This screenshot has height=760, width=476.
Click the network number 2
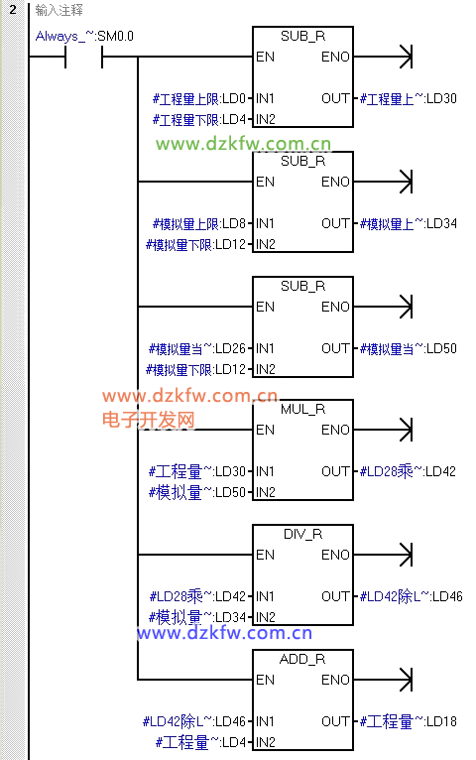[13, 10]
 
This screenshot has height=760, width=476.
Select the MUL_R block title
[302, 410]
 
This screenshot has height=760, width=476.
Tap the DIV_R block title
[302, 534]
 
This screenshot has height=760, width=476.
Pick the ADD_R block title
[302, 659]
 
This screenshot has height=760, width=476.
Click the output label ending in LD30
[409, 99]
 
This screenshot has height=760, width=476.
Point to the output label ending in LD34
[409, 224]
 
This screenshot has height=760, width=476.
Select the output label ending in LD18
[409, 721]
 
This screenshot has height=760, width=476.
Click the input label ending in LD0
[199, 99]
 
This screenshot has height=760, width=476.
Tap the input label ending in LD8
[199, 224]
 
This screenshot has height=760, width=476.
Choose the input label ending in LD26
[197, 349]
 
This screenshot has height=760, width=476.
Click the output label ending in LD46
[412, 596]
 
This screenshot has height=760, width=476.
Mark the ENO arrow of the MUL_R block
[383, 430]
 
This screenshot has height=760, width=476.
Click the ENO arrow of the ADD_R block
[383, 680]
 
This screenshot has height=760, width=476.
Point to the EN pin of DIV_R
[266, 555]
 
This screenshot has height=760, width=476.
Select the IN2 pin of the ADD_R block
[266, 742]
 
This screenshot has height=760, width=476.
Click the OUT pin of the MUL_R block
[335, 471]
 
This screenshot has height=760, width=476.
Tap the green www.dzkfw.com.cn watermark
[244, 144]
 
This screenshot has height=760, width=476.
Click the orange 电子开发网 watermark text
[148, 420]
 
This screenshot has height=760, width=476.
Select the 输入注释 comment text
[59, 10]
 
